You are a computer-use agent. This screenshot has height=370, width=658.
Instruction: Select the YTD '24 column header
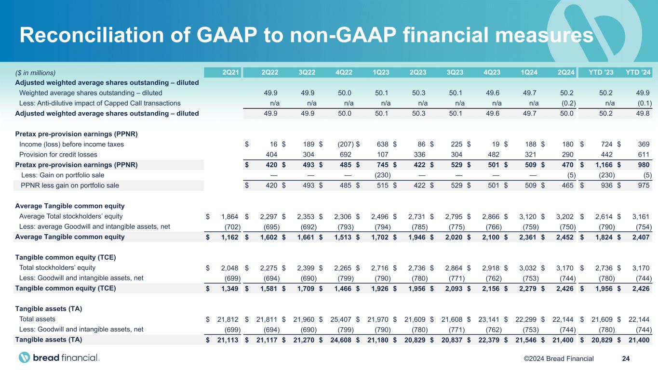pos(639,73)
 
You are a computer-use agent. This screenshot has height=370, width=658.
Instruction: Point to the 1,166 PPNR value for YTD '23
pos(603,165)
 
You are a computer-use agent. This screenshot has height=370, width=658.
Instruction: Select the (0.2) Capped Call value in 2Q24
pos(566,103)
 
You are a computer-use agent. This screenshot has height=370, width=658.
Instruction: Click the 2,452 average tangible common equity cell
pos(565,237)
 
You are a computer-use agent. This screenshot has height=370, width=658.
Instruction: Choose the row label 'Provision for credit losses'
pos(58,155)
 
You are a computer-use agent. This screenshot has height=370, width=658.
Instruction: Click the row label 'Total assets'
pos(37,319)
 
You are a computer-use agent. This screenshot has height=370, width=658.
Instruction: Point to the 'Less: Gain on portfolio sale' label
pos(63,175)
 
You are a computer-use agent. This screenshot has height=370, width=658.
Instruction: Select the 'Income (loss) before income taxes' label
pos(71,145)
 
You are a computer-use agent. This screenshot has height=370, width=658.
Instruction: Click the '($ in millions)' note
pos(35,73)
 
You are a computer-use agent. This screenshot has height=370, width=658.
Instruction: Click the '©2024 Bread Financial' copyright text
pos(558,358)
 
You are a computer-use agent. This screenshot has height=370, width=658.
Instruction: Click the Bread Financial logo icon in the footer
pos(25,357)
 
